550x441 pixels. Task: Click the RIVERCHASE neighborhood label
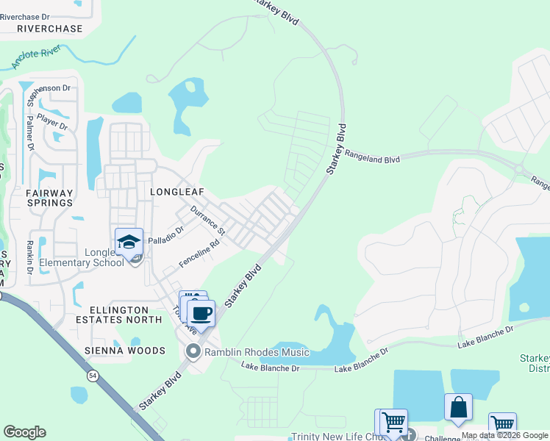49,28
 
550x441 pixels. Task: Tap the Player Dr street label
52,121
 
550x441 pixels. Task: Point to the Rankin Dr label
30,257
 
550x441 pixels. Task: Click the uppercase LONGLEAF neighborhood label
176,191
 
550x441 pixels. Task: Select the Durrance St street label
208,220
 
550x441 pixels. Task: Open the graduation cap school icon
129,242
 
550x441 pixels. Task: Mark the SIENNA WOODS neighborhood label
124,351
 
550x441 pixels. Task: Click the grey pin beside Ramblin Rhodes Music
193,351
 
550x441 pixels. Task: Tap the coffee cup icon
201,313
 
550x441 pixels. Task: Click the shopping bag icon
458,407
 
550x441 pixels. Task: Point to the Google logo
24,432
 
